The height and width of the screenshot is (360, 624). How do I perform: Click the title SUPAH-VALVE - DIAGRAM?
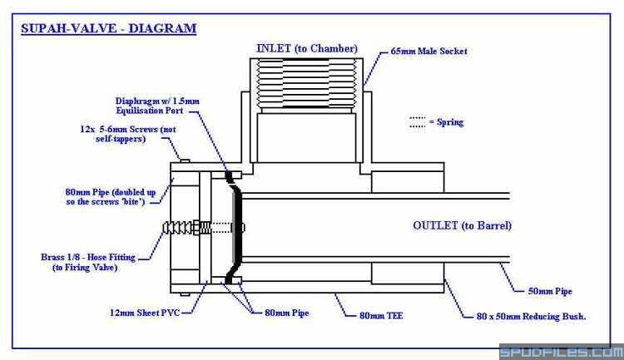click(x=108, y=28)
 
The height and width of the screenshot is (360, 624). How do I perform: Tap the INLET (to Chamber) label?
click(x=307, y=48)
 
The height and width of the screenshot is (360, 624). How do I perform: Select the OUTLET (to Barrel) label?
click(x=462, y=226)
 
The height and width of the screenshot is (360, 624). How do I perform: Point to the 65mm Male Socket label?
click(x=428, y=52)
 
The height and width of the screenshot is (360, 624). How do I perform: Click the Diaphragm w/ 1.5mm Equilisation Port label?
click(x=157, y=106)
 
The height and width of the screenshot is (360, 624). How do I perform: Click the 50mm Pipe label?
click(x=551, y=292)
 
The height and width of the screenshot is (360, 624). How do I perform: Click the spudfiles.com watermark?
click(x=559, y=352)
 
